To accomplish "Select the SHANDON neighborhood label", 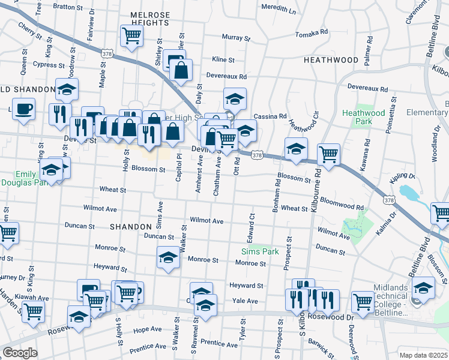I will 130,227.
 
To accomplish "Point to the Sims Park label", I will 260,251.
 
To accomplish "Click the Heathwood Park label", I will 363,117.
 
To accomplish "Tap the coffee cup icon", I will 23,109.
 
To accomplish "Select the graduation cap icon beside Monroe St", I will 168,258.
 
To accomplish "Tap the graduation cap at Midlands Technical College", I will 423,288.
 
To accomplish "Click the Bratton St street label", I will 68,7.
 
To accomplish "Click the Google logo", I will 20,353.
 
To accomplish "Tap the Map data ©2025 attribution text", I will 423,355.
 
